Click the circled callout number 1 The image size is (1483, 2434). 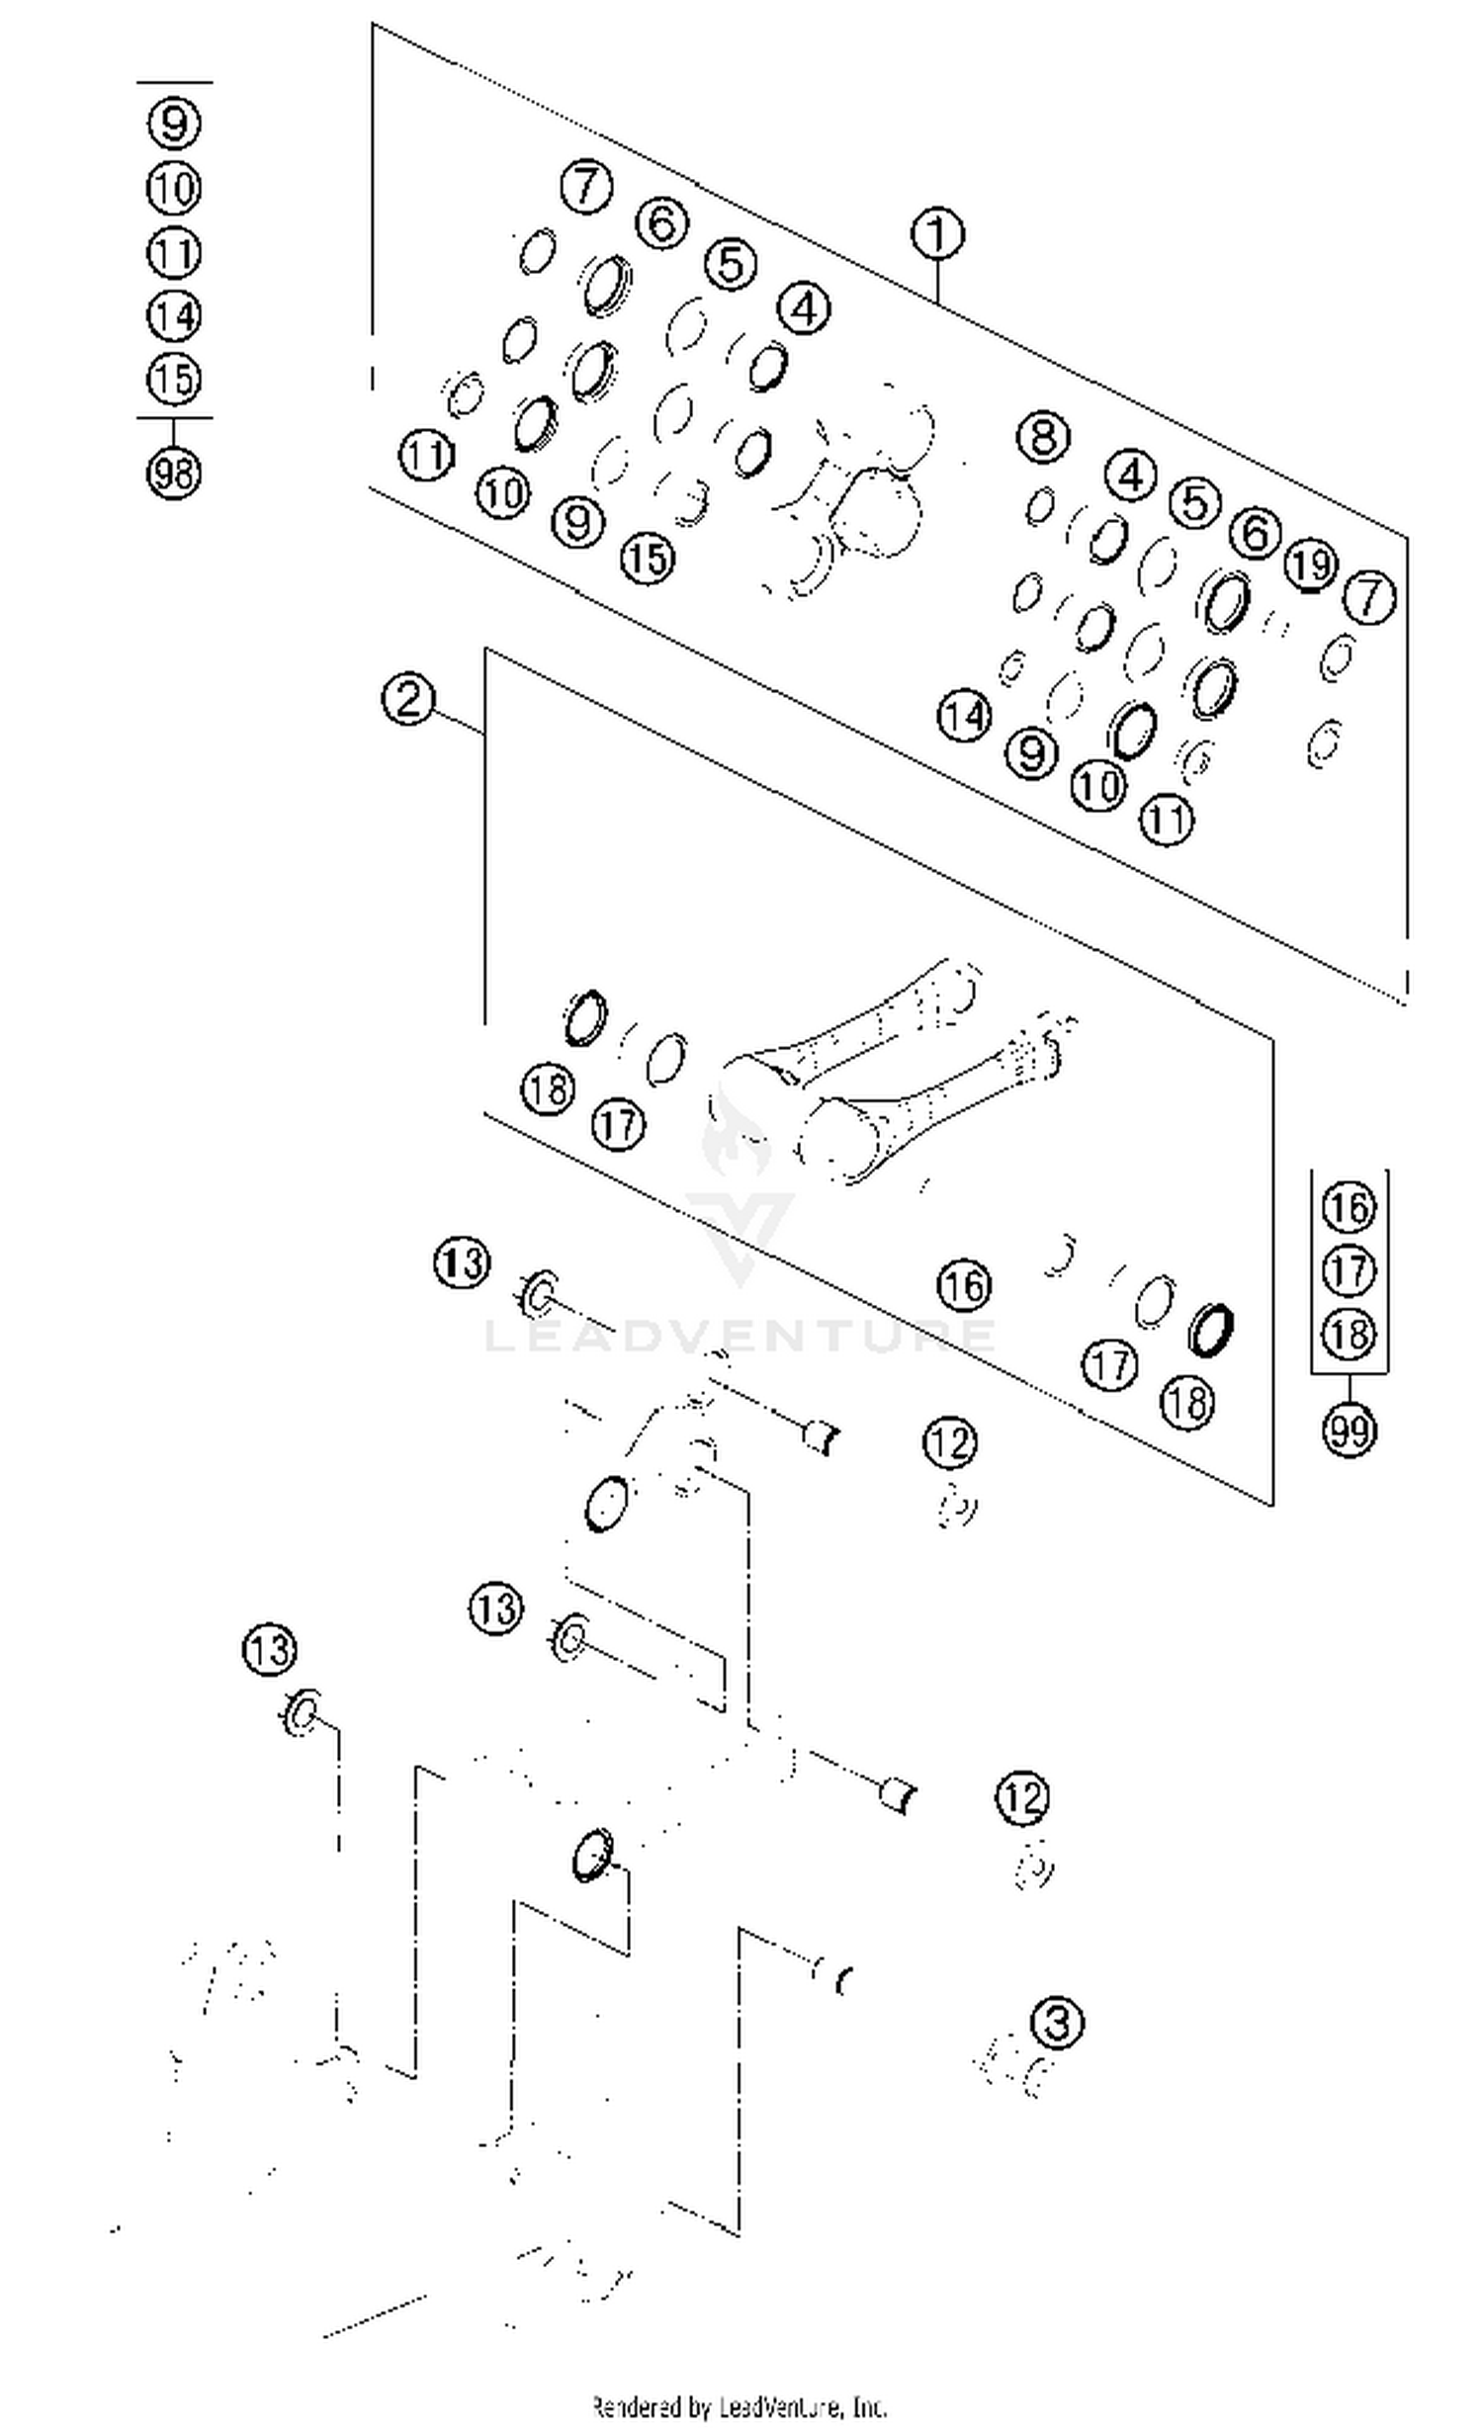(x=936, y=234)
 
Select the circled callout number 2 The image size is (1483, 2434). (x=407, y=699)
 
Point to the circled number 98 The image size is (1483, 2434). (x=174, y=473)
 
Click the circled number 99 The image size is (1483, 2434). (x=1349, y=1429)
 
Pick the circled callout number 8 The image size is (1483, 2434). (x=1044, y=436)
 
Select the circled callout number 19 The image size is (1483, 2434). (x=1311, y=565)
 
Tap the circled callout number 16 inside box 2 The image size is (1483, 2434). (x=964, y=1285)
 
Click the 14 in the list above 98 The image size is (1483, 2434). (x=174, y=315)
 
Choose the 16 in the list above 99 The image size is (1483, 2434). (x=1349, y=1208)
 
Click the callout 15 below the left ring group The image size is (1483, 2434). (x=648, y=559)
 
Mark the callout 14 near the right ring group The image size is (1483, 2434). (x=964, y=715)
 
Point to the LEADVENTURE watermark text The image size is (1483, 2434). (x=740, y=1335)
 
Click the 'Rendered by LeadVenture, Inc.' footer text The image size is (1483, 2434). (x=740, y=2405)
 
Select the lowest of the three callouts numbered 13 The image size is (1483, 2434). (x=269, y=1649)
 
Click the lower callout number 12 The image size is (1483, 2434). (x=1022, y=1796)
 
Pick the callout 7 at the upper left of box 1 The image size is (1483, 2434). (x=586, y=186)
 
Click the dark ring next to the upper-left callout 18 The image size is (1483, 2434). (x=585, y=1017)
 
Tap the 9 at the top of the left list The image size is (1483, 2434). (x=174, y=124)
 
